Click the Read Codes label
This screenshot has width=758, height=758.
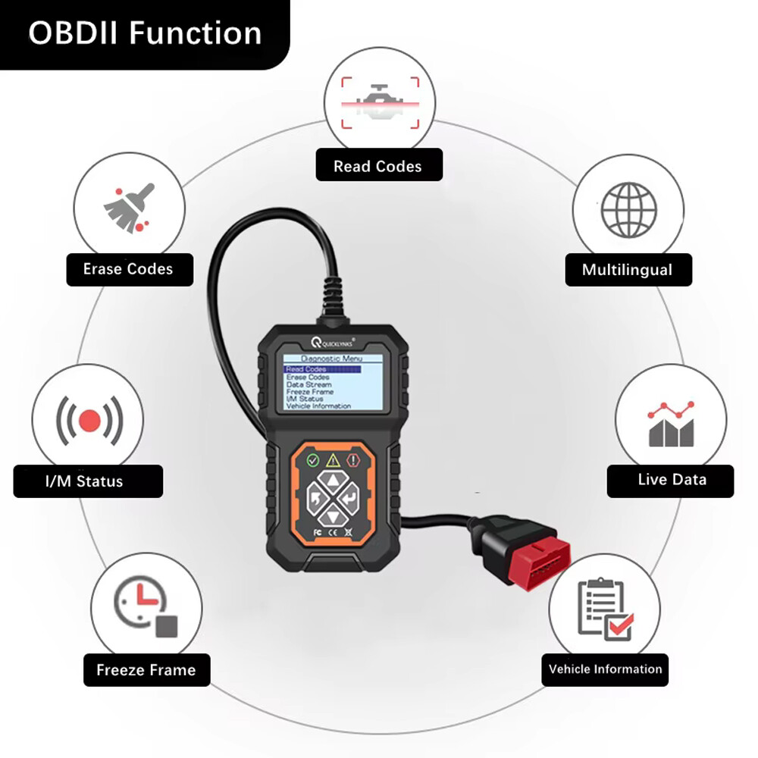click(377, 166)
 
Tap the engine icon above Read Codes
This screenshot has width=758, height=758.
click(379, 102)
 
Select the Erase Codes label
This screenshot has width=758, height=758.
click(128, 269)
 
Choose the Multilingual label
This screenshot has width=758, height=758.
click(627, 270)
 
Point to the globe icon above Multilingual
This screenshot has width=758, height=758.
click(628, 208)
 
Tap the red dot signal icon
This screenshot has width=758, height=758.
click(89, 419)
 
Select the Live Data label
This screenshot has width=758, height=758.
click(671, 480)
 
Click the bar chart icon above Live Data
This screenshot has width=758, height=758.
click(671, 423)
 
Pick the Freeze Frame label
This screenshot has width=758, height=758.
click(146, 670)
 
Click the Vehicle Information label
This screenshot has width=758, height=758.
click(605, 669)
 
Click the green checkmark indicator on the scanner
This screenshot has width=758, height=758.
click(312, 459)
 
